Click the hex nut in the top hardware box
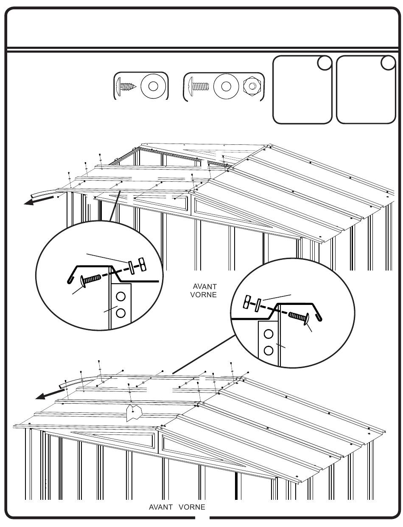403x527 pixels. [252, 86]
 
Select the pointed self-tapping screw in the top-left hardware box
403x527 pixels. [126, 86]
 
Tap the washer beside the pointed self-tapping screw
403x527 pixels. [153, 86]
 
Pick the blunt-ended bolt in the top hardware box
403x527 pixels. [199, 86]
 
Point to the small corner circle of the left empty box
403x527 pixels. [325, 63]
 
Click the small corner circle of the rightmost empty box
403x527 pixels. [388, 63]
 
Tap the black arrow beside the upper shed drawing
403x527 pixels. [38, 201]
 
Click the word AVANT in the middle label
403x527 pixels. [204, 286]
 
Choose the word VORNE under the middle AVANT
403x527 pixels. [203, 295]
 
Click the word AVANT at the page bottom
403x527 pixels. [161, 507]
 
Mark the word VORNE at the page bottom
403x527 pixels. [192, 507]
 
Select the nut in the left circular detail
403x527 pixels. [143, 264]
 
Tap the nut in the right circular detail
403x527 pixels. [247, 302]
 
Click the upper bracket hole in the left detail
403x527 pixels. [120, 296]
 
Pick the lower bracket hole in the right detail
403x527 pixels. [269, 350]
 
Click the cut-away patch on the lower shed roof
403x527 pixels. [134, 412]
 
